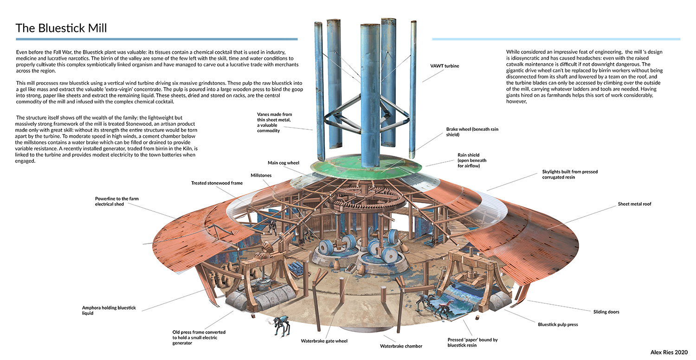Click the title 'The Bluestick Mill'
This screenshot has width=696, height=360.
(x=61, y=28)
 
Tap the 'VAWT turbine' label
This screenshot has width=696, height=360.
(x=445, y=66)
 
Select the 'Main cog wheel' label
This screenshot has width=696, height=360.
(x=284, y=163)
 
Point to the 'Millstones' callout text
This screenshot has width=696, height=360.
(x=261, y=176)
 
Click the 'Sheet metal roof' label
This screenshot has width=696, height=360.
(x=634, y=204)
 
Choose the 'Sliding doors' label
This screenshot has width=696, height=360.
(x=606, y=312)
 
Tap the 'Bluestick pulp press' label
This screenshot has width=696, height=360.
(x=558, y=324)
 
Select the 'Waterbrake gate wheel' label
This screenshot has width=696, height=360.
(x=324, y=341)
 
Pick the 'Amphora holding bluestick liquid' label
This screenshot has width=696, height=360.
(x=109, y=310)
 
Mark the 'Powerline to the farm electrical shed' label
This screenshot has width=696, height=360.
(x=117, y=201)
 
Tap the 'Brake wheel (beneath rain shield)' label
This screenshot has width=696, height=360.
(x=472, y=132)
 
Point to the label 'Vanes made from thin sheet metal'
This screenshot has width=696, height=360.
(x=275, y=122)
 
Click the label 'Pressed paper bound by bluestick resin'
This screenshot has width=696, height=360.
(x=472, y=342)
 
